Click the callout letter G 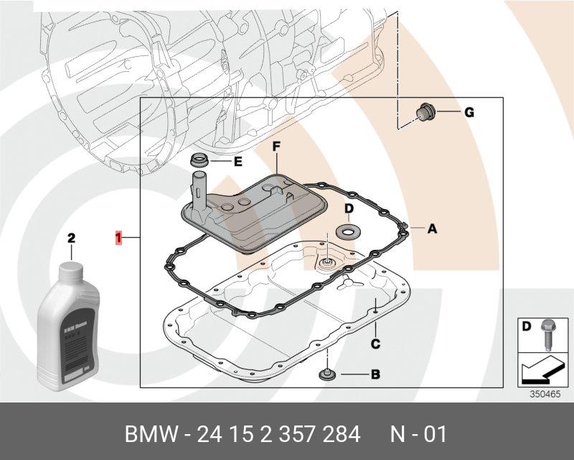pyautogui.click(x=469, y=112)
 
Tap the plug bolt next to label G pyautogui.click(x=424, y=114)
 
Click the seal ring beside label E pyautogui.click(x=200, y=159)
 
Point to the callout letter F pyautogui.click(x=276, y=147)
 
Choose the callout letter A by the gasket pyautogui.click(x=432, y=229)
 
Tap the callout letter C pyautogui.click(x=375, y=344)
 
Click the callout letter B pyautogui.click(x=375, y=374)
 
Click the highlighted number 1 pyautogui.click(x=118, y=236)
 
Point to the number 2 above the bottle pyautogui.click(x=71, y=237)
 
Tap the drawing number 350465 pyautogui.click(x=545, y=394)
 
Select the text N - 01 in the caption pyautogui.click(x=418, y=435)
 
